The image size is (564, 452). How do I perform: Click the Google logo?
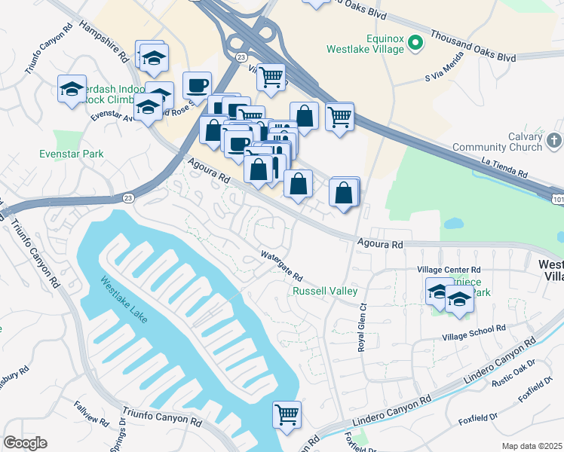pos(25,443)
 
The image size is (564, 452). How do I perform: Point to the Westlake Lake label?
pos(122,301)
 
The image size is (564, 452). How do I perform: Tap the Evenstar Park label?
pos(71,154)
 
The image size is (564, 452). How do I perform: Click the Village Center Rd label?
pos(449,269)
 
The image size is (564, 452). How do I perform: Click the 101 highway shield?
pos(557,199)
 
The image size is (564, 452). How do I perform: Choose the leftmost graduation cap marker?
pos(72,90)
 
